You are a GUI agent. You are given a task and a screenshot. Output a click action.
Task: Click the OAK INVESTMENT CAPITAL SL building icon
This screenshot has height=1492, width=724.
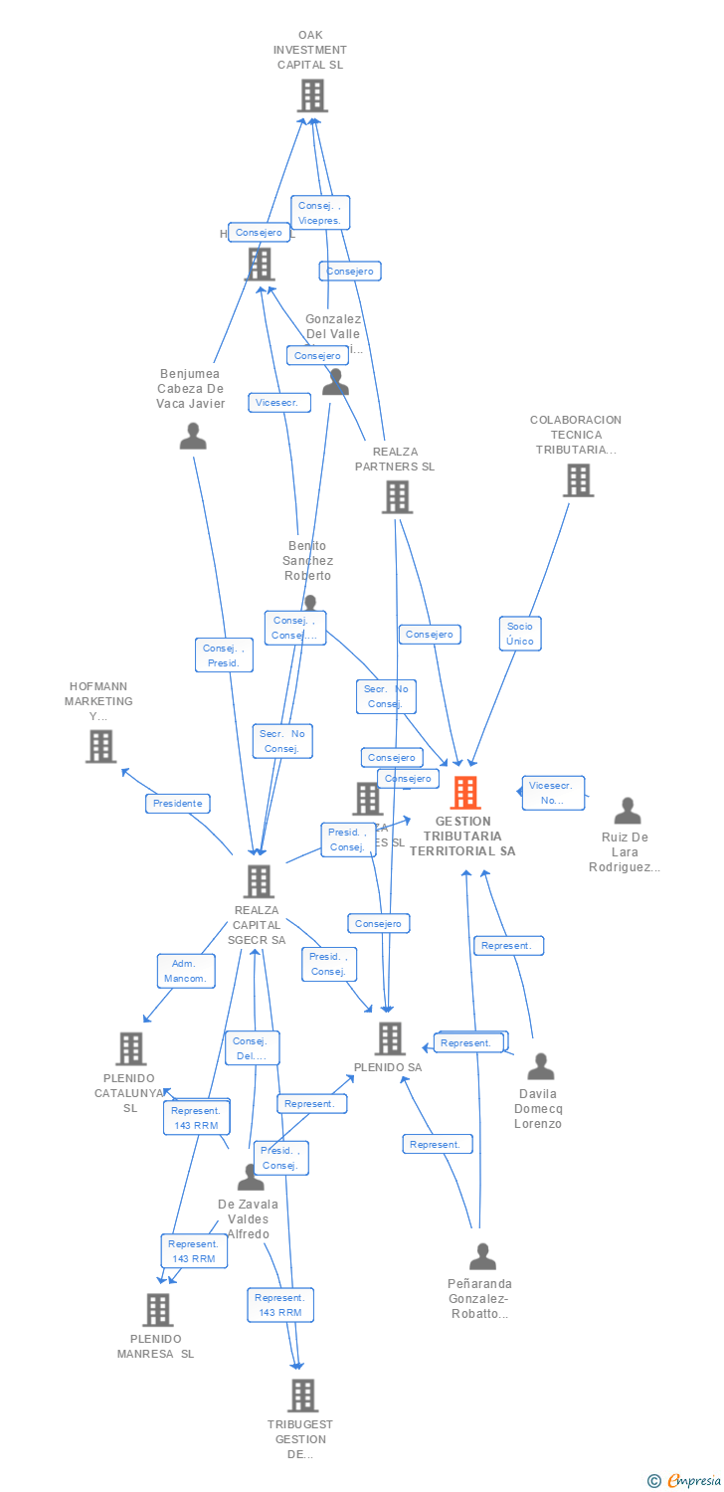(311, 95)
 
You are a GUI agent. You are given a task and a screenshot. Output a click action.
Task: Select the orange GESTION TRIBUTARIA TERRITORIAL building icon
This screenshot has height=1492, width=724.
(464, 793)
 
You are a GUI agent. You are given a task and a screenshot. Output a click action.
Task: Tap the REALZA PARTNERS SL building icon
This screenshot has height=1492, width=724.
(397, 496)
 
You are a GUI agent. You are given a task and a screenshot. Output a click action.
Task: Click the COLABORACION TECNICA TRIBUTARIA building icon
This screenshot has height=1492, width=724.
(577, 480)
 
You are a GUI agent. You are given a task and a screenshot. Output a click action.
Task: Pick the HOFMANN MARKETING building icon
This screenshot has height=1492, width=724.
(100, 746)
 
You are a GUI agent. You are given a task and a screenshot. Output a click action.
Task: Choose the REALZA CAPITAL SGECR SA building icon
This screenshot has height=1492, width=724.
(259, 881)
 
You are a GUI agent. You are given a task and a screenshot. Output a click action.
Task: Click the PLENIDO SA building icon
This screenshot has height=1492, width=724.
(390, 1038)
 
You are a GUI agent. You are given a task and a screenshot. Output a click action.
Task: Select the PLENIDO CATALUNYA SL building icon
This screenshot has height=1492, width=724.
(130, 1048)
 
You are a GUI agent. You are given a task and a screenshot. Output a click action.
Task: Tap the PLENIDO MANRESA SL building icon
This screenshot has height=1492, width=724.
(157, 1310)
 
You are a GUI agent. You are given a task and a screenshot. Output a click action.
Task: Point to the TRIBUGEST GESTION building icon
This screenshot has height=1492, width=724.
(302, 1396)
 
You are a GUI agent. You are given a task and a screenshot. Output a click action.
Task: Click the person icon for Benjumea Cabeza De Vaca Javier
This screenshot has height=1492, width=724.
(193, 436)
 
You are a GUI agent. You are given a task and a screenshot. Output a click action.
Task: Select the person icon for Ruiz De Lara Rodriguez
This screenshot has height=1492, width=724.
(627, 811)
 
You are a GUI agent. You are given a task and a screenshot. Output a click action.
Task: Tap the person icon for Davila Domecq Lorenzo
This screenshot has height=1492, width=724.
(540, 1066)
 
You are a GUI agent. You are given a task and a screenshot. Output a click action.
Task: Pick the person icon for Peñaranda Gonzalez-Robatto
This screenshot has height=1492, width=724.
(482, 1256)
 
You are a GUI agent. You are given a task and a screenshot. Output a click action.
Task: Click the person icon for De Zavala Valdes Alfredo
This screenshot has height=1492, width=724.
(251, 1178)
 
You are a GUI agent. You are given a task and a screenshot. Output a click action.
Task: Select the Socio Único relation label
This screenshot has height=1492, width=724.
(520, 634)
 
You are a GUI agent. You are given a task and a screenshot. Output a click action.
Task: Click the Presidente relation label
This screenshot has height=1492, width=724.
(178, 803)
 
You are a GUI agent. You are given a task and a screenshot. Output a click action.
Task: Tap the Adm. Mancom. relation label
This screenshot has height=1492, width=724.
(186, 971)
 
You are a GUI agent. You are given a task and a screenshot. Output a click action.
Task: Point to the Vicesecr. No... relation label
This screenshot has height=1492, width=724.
(552, 793)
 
